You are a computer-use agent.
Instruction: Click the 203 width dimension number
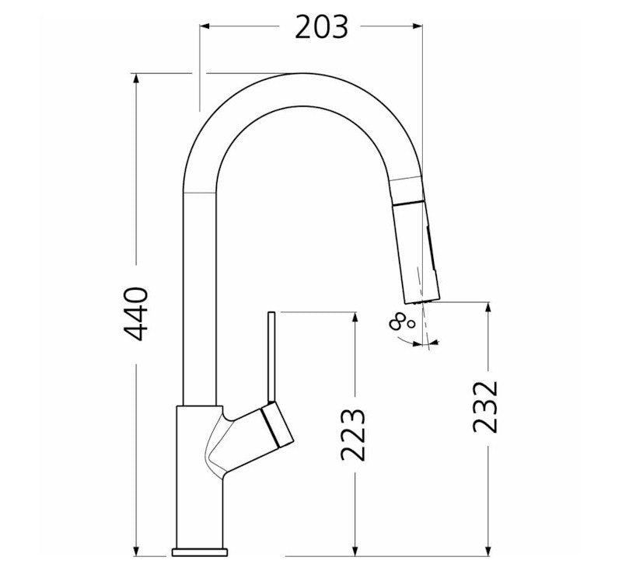click(x=321, y=27)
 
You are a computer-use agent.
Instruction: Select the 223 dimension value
click(x=355, y=434)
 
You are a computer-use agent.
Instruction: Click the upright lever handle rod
click(x=271, y=357)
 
